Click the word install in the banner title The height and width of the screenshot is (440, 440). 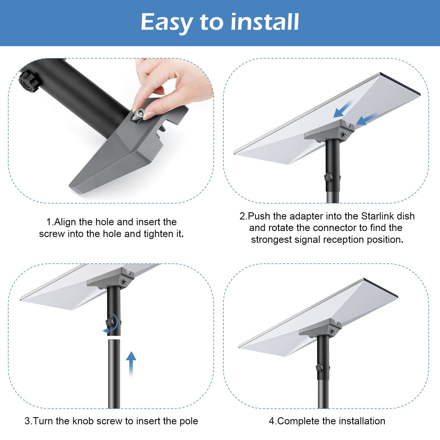(x=264, y=22)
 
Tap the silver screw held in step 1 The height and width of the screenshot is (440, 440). (x=137, y=115)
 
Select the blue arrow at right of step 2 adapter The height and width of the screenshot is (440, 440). (x=366, y=120)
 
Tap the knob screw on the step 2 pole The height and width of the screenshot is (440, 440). (x=328, y=177)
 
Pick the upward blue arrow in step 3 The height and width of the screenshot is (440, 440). (x=131, y=363)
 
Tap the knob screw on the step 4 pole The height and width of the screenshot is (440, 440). (x=319, y=367)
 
